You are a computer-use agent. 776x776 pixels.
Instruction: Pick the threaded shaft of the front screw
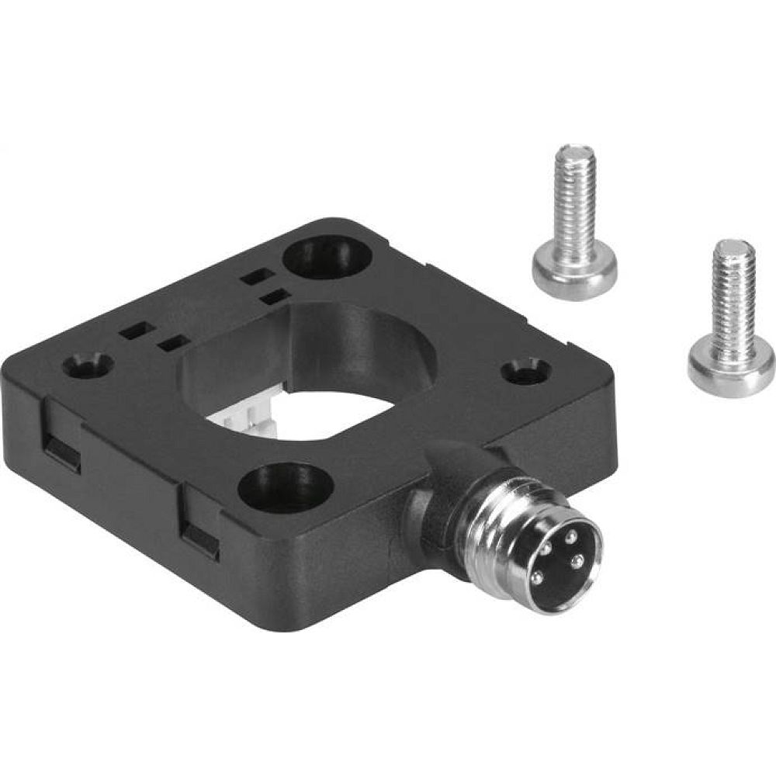(x=729, y=303)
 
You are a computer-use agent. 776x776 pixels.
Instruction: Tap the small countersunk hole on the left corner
(x=88, y=363)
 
